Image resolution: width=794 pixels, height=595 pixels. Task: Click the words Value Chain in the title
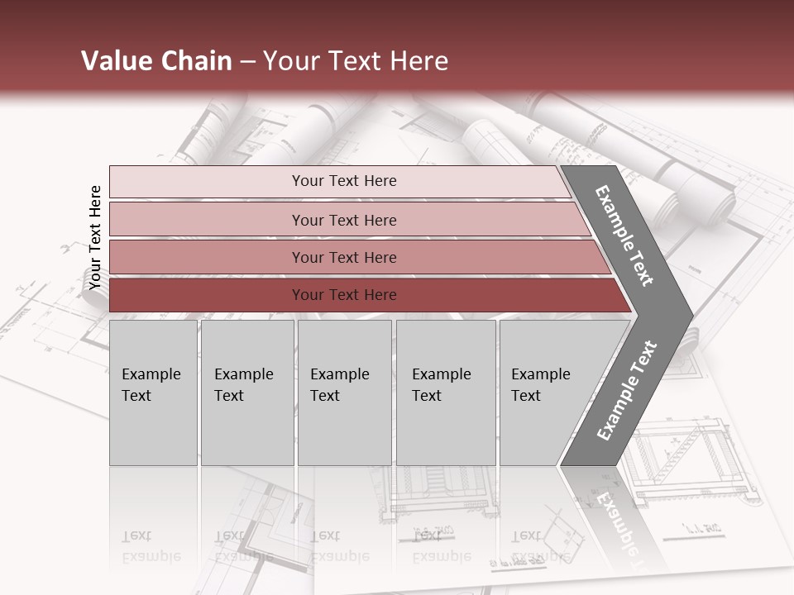click(x=156, y=61)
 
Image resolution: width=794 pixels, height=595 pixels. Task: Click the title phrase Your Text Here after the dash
click(x=356, y=61)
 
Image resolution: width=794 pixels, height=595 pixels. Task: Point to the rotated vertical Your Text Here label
click(x=95, y=238)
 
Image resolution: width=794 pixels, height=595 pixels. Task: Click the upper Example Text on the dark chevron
click(x=624, y=236)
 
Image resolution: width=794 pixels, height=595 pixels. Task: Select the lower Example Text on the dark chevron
click(x=626, y=390)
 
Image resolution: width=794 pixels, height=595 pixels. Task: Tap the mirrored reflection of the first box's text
click(x=151, y=545)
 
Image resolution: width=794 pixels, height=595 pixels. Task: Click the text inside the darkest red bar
click(x=344, y=295)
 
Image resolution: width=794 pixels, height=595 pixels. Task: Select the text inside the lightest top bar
click(x=344, y=181)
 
